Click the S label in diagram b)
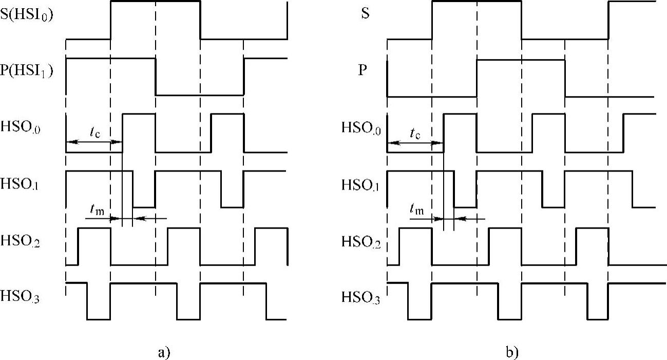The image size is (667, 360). (365, 14)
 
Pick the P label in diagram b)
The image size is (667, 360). (363, 70)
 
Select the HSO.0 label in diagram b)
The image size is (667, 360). (360, 128)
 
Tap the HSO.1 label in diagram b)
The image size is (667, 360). (360, 184)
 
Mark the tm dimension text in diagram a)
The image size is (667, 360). (95, 209)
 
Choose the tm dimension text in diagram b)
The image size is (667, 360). (417, 209)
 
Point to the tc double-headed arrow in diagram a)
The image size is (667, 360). (94, 142)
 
